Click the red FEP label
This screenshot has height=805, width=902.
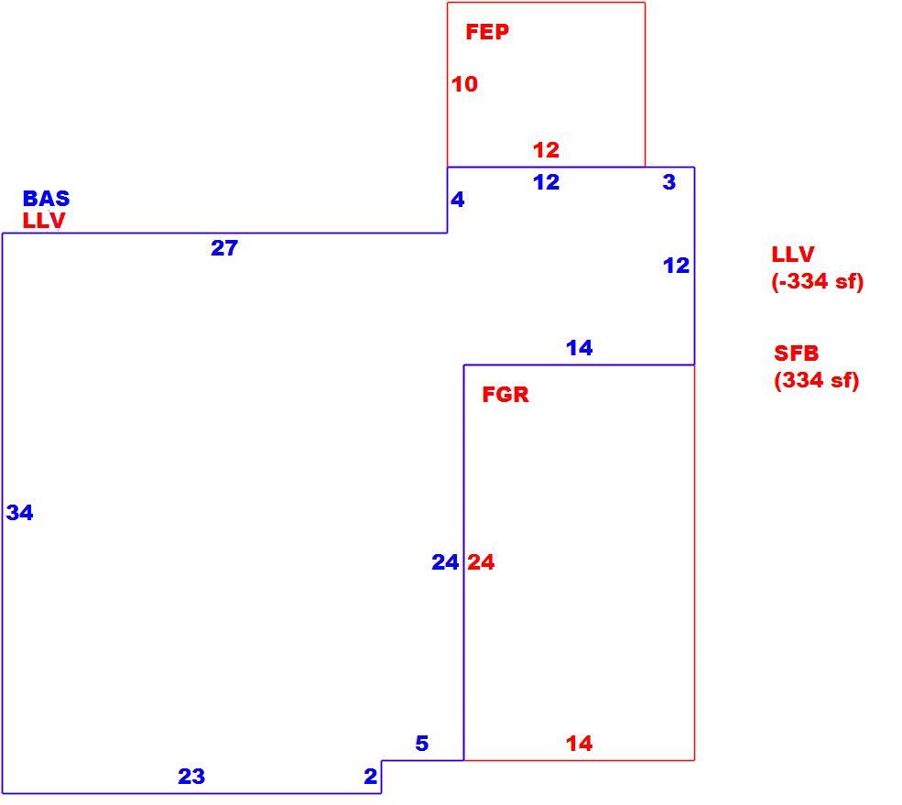487,32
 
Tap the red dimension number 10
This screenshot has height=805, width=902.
464,84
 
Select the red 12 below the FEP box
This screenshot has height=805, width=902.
546,150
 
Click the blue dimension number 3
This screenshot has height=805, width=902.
669,182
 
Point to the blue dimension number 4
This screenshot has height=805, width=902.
457,200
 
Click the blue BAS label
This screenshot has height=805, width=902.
46,199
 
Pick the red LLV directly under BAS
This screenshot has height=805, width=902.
44,221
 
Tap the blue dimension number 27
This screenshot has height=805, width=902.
224,248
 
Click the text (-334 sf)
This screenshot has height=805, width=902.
818,281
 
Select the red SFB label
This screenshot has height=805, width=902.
796,354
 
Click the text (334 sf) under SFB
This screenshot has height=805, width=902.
816,380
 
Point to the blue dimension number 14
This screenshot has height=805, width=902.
580,347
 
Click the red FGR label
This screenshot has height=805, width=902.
505,395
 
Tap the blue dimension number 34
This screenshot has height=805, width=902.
19,513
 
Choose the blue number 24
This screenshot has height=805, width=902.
445,562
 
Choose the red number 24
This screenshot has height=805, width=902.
481,562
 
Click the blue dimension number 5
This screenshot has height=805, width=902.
421,744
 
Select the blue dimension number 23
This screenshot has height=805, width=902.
191,777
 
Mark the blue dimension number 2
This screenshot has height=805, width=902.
371,777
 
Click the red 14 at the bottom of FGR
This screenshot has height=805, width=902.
580,744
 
